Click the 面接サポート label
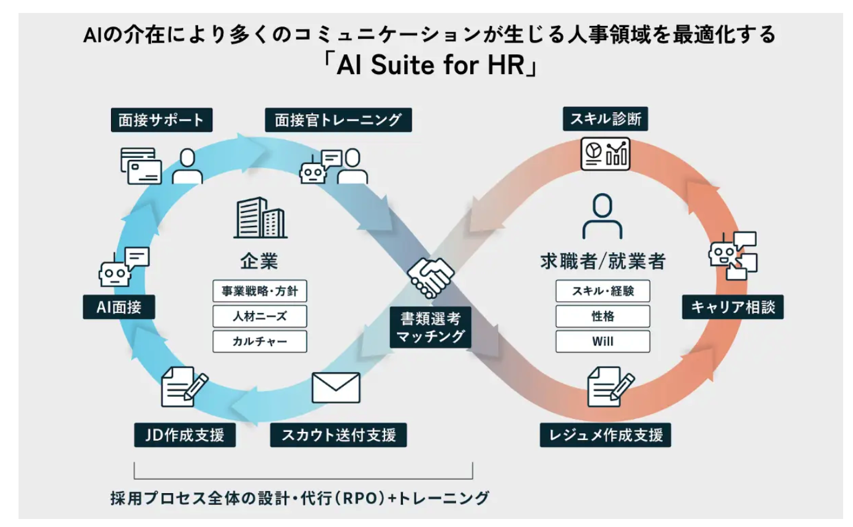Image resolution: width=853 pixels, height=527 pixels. click(x=162, y=120)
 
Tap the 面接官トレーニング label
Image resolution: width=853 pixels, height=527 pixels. click(x=338, y=120)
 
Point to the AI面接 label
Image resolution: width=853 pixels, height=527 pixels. click(x=119, y=307)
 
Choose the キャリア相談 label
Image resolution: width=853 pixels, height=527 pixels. click(x=733, y=307)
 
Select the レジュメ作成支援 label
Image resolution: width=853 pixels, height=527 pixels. click(x=605, y=435)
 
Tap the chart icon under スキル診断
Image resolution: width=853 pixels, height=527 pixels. click(x=605, y=152)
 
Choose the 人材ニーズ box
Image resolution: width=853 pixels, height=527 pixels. click(x=260, y=317)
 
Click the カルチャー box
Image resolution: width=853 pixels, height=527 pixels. click(x=260, y=341)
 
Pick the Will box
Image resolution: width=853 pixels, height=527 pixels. click(x=602, y=341)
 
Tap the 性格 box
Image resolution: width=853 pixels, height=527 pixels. click(x=602, y=317)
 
